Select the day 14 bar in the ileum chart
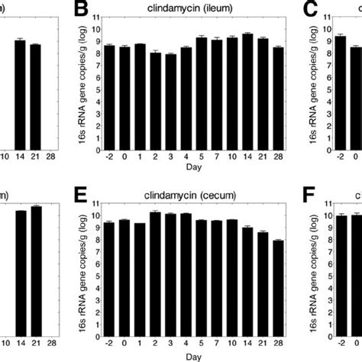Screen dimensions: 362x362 point(247,92)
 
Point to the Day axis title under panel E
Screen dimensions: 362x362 point(181,357)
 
